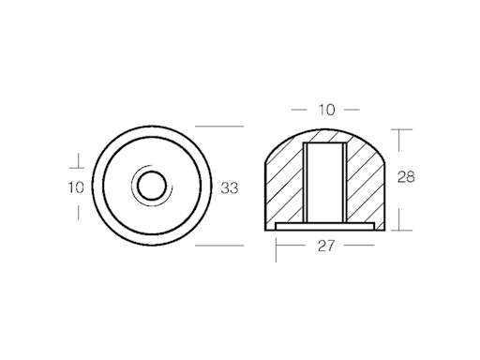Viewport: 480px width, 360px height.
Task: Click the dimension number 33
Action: coord(230,188)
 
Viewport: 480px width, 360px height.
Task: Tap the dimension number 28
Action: coord(406,177)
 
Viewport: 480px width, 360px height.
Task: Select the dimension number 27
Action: coord(326,246)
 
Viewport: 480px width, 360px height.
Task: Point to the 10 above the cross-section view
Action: coord(326,110)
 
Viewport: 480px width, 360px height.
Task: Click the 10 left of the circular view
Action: coord(76,187)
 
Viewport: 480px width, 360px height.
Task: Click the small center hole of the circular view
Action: coord(152,186)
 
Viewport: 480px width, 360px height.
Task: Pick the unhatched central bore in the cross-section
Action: coord(325,182)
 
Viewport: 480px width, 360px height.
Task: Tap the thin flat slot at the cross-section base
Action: coord(325,226)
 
